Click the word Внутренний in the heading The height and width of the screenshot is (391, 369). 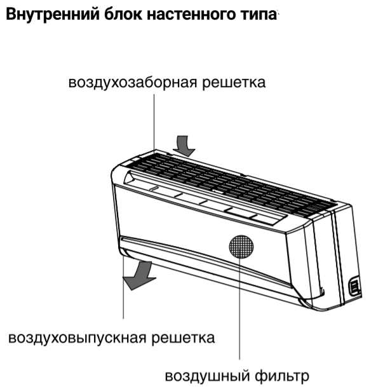[x=52, y=15]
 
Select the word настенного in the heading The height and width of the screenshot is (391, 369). [x=191, y=15]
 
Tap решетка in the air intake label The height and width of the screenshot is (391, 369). [x=234, y=83]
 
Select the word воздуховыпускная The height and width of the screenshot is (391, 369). [x=77, y=338]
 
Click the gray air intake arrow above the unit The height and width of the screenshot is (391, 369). [x=184, y=146]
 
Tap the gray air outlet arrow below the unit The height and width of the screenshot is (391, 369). [x=139, y=275]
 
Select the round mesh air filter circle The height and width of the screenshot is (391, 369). [x=241, y=247]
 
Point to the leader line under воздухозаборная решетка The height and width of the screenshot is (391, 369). [x=154, y=122]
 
